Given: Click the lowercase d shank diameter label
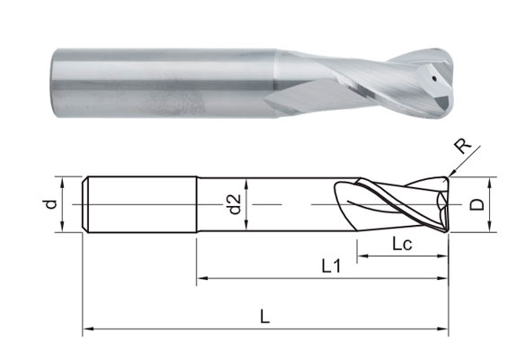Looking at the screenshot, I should click(x=51, y=204).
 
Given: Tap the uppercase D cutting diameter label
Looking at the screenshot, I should click(x=477, y=205).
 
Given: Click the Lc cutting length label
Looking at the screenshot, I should click(x=403, y=244).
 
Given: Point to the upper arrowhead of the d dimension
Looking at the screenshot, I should click(x=63, y=178).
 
